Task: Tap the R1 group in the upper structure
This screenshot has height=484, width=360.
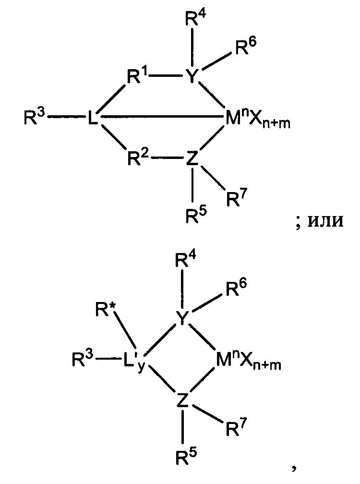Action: click(137, 76)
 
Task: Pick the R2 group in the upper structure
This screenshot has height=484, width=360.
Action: click(138, 157)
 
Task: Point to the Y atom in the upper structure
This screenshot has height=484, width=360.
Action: click(192, 76)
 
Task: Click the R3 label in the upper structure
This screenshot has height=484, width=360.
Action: click(35, 118)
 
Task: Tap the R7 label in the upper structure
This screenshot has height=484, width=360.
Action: click(237, 198)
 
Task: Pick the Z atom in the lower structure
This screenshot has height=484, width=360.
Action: click(182, 399)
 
